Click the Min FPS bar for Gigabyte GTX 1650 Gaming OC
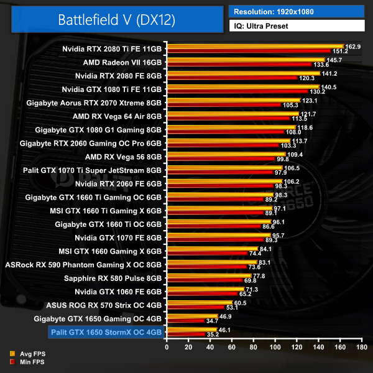point(185,321)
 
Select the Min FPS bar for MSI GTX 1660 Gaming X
point(207,254)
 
